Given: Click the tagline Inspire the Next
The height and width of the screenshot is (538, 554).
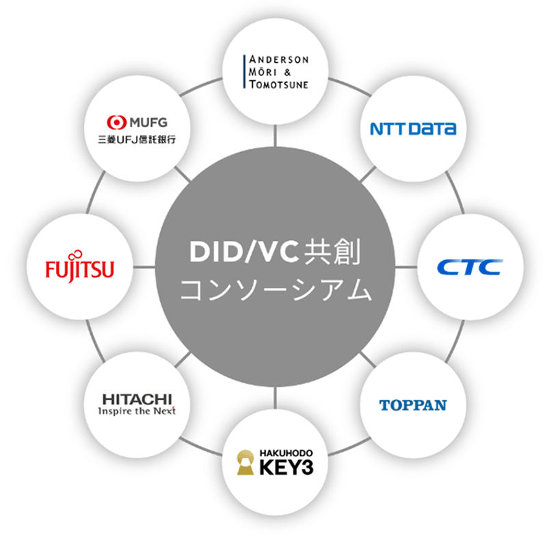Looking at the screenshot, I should (136, 411).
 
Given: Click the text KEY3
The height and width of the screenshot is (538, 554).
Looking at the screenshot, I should (287, 469).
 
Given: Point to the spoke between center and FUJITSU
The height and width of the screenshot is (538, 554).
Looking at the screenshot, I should (144, 267).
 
